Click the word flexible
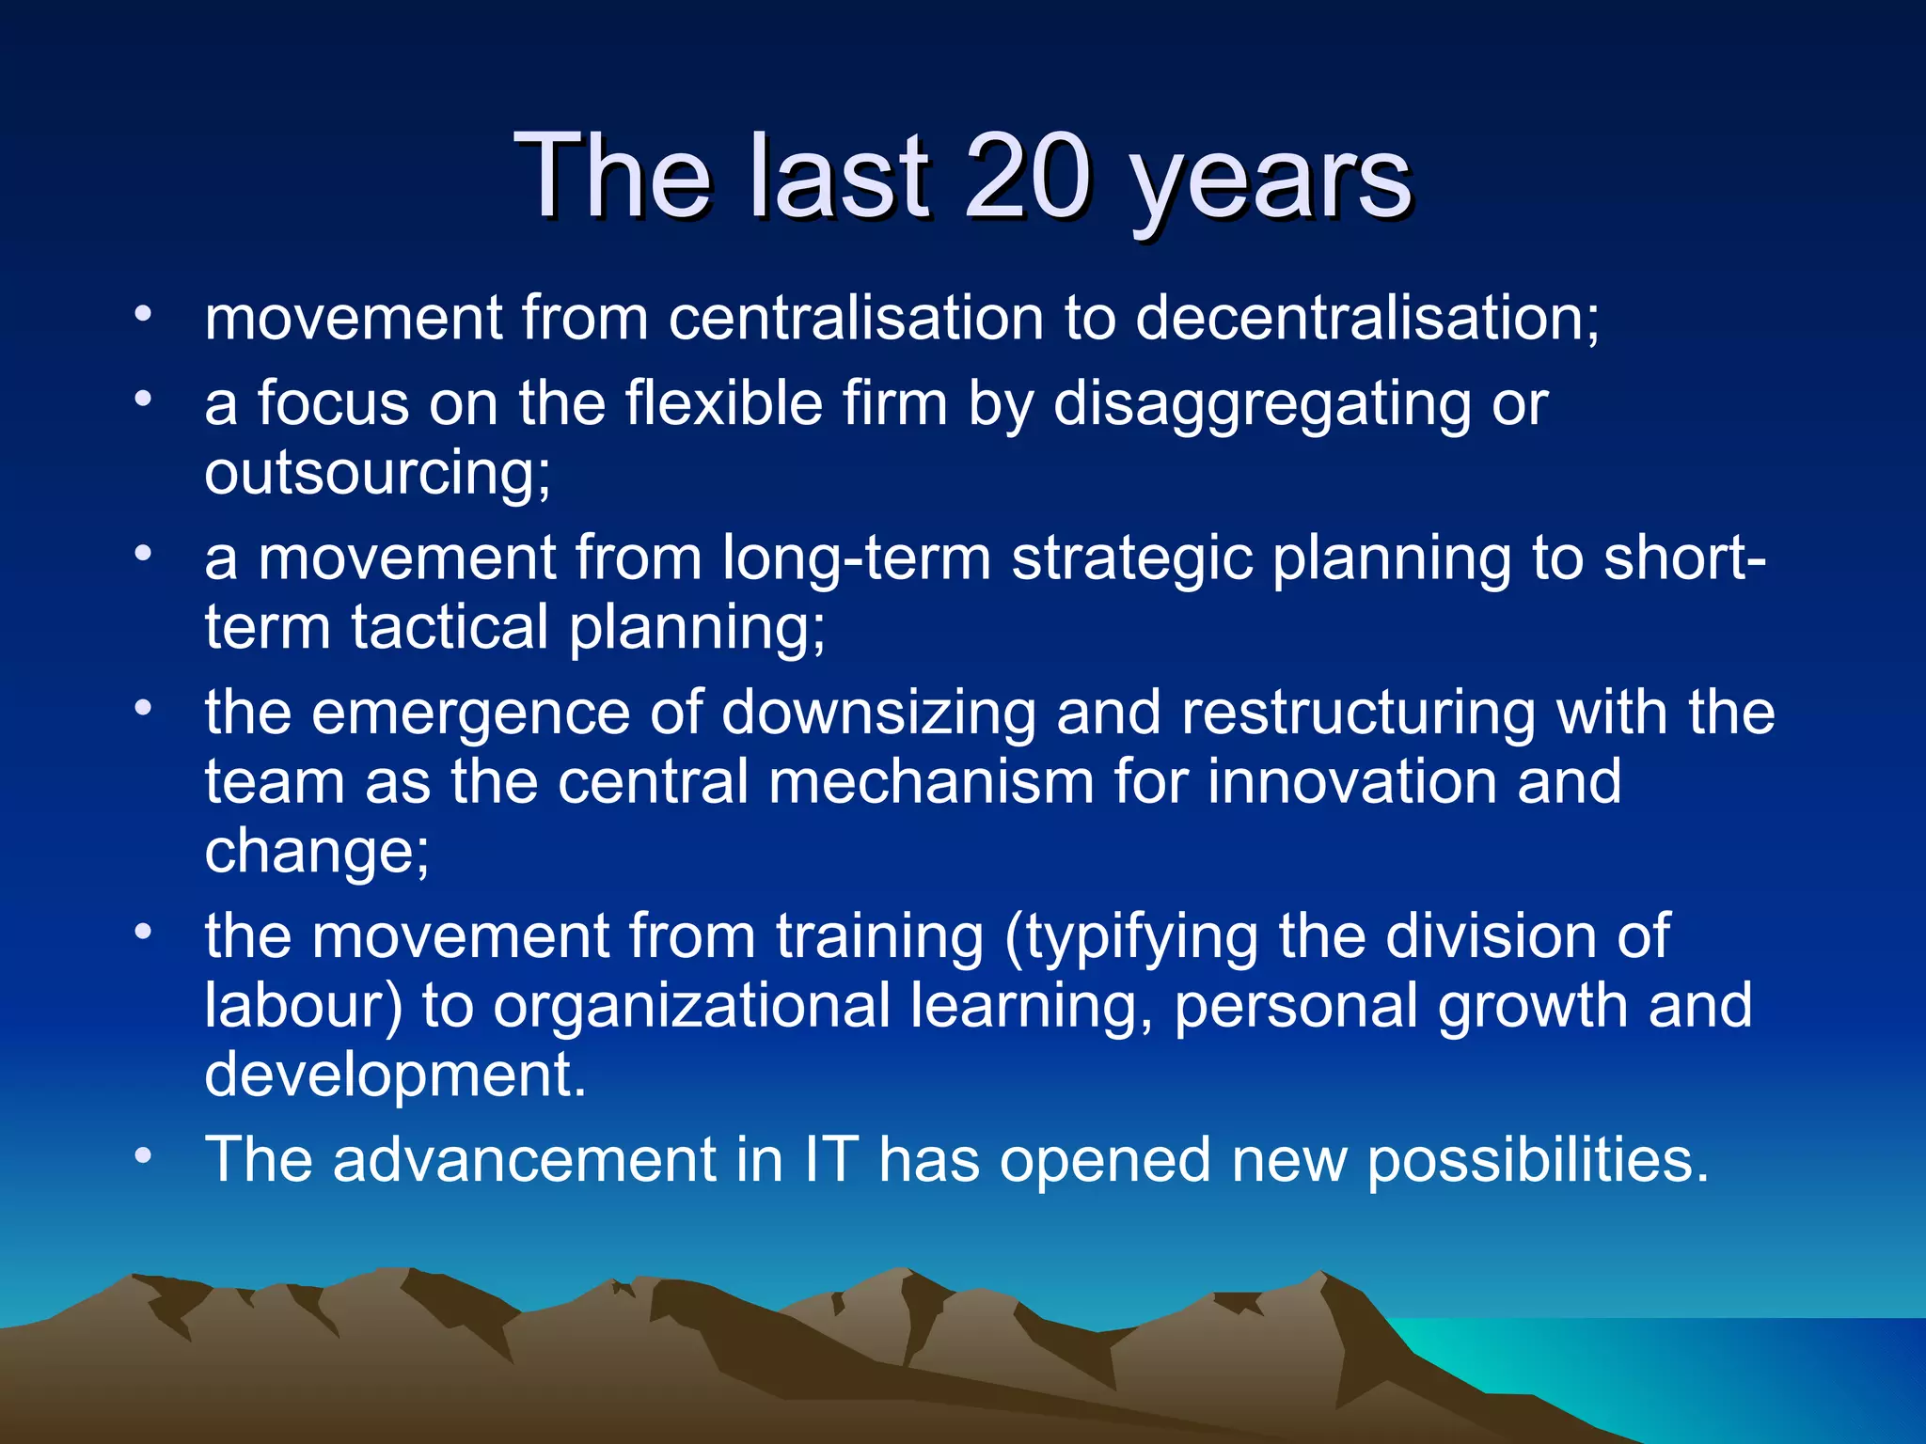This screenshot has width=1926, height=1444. (723, 403)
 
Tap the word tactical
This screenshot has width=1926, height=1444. (450, 627)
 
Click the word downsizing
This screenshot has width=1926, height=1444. (878, 714)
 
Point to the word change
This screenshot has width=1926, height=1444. (315, 852)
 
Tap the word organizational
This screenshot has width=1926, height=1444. (691, 1007)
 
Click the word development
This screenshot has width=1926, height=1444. (395, 1075)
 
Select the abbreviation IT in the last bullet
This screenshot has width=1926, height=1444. (830, 1159)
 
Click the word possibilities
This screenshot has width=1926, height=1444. (1537, 1161)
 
